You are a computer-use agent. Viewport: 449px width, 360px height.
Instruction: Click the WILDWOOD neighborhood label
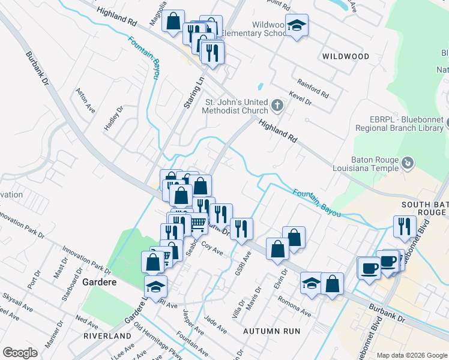[346, 56]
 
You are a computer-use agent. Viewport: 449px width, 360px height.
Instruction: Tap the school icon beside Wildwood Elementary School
[297, 25]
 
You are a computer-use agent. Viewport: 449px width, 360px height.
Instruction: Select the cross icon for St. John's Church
[277, 106]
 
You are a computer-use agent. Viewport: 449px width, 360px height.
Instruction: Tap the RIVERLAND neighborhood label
[107, 335]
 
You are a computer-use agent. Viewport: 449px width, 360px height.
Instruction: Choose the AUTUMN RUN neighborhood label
[271, 331]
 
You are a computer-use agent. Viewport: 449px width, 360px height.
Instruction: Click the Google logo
[20, 353]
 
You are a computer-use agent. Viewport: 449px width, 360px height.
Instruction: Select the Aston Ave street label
[85, 101]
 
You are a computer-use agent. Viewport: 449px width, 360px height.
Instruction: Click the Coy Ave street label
[212, 249]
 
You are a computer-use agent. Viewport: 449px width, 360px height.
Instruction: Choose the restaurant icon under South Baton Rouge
[404, 226]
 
